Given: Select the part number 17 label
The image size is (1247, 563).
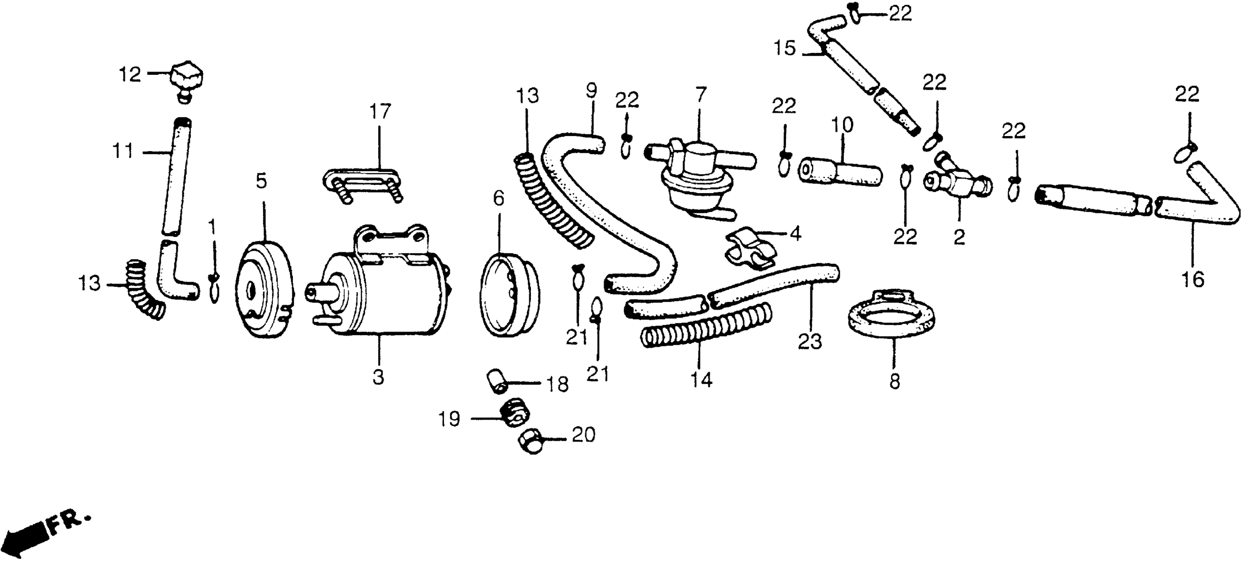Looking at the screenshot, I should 380,112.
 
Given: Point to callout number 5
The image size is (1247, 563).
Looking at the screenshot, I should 262,182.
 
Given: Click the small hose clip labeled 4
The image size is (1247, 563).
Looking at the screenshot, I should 750,248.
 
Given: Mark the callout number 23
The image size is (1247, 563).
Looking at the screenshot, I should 810,342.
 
